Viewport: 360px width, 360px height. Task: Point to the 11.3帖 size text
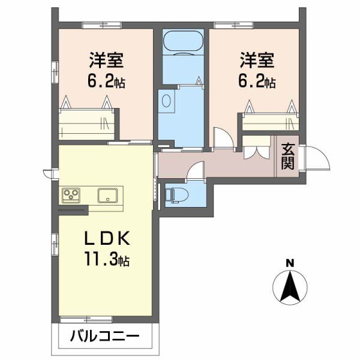(106, 260)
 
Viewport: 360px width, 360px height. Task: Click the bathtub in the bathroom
(182, 41)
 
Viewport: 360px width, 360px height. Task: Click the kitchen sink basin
(109, 195)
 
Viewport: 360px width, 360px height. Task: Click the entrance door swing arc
(317, 158)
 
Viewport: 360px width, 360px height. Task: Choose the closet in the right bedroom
(270, 121)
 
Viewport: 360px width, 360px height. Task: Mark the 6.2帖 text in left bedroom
(107, 82)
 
